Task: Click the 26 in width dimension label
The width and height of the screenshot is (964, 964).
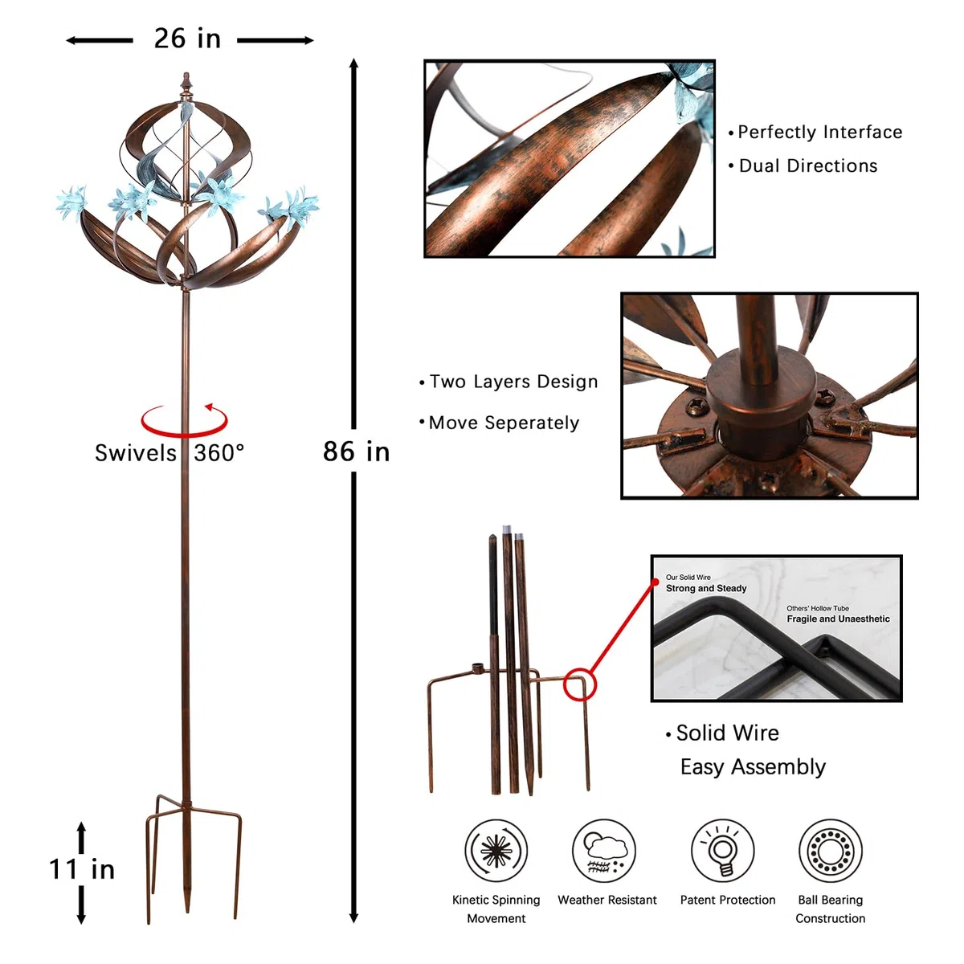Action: (x=187, y=39)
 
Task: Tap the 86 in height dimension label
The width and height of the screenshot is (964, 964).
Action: (x=356, y=451)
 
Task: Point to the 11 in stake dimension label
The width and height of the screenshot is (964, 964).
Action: (x=82, y=869)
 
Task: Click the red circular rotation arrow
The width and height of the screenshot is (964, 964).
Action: (x=184, y=420)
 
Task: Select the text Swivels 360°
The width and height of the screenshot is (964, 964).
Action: (x=170, y=453)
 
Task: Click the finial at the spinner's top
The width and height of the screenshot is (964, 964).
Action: (x=186, y=82)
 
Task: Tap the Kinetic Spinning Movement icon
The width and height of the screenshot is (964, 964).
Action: (x=496, y=850)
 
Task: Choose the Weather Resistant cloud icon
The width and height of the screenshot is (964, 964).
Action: (x=604, y=850)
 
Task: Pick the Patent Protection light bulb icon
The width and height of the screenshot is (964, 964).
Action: (x=723, y=850)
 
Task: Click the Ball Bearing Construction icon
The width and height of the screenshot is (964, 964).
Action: (x=831, y=850)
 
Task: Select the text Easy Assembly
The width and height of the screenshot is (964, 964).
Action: (x=753, y=767)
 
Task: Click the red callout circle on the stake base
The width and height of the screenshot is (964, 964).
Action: (x=580, y=684)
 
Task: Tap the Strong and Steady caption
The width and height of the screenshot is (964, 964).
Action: (x=706, y=588)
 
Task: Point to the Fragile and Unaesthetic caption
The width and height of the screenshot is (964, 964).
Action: (x=838, y=619)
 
